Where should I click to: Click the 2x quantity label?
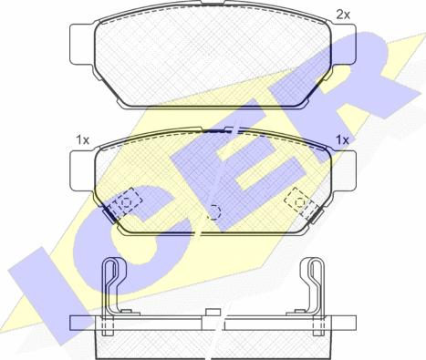(x=343, y=15)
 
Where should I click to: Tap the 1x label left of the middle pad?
(x=82, y=140)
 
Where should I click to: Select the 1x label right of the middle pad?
(x=342, y=139)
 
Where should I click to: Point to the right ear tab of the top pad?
(x=344, y=44)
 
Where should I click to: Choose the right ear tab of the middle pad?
(x=344, y=171)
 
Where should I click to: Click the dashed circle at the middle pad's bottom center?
(x=213, y=211)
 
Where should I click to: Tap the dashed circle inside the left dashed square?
(x=126, y=202)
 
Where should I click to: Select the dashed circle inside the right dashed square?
(x=300, y=202)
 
